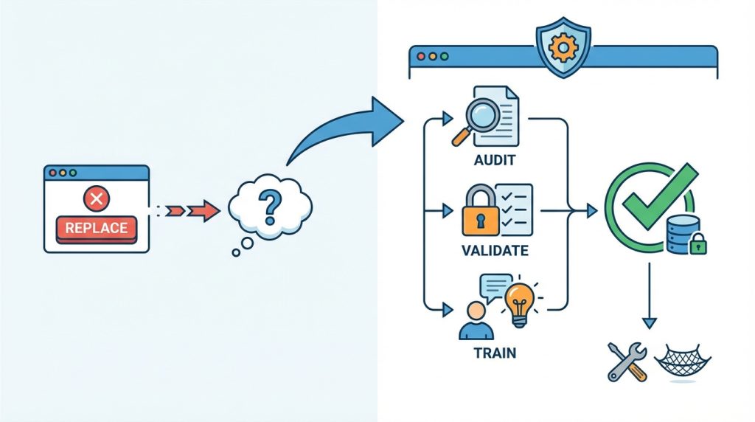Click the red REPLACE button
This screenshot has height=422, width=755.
pos(96,228)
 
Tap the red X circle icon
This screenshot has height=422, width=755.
pos(95,198)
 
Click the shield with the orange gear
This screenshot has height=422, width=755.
pos(563,49)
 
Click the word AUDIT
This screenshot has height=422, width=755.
pos(495,160)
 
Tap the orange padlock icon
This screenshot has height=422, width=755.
pos(480,211)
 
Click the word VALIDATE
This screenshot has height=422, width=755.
pos(495,251)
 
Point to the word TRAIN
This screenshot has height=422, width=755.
pos(495,353)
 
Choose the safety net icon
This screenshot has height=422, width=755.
pos(683,362)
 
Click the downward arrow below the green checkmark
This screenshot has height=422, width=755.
pos(649,302)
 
